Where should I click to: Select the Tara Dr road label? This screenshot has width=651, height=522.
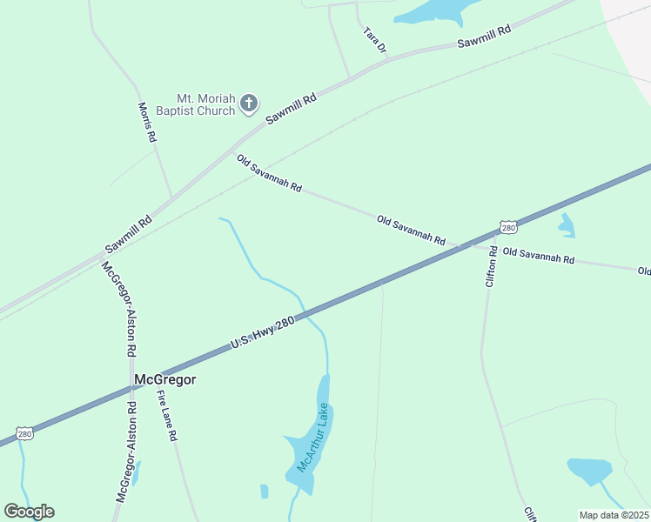tap(374, 39)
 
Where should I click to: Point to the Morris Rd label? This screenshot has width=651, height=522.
tap(147, 122)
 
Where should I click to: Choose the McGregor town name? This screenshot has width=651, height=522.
tap(165, 379)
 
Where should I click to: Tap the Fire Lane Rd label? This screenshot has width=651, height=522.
tap(167, 416)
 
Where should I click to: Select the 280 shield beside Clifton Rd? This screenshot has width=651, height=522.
tap(509, 228)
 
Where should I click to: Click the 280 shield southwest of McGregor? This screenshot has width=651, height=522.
tap(24, 433)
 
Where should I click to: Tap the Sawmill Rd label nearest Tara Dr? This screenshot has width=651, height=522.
tap(484, 36)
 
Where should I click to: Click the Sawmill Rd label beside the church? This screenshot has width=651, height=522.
tap(291, 109)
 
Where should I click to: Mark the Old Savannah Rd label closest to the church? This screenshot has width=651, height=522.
tap(269, 173)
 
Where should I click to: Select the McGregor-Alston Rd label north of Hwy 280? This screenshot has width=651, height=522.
tap(119, 309)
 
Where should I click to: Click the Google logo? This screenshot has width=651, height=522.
tap(29, 512)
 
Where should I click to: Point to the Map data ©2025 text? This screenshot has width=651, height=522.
tap(613, 515)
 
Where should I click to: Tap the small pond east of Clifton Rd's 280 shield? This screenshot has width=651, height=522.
tap(567, 225)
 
